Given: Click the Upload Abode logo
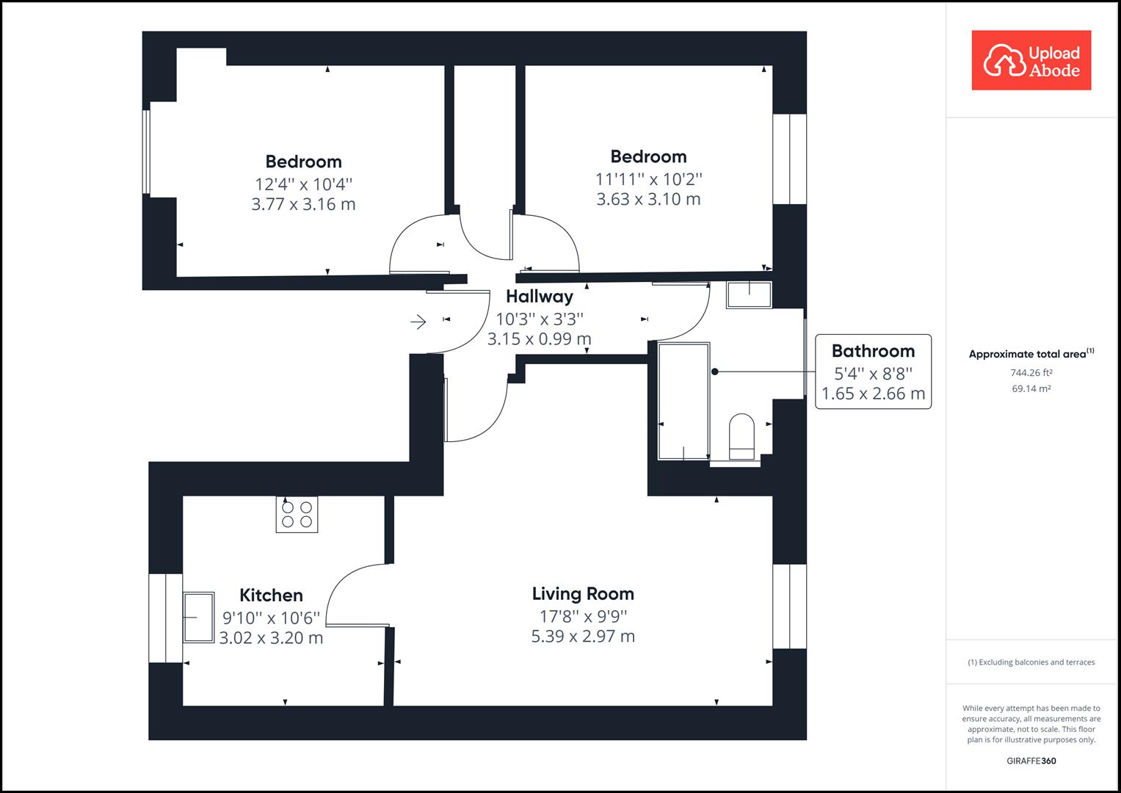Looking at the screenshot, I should [1031, 60].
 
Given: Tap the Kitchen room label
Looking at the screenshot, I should [271, 595].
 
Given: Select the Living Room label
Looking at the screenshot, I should [583, 594].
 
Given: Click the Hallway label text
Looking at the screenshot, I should [540, 297].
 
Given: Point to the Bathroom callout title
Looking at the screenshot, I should [873, 351].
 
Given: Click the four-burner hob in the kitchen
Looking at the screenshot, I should [297, 514].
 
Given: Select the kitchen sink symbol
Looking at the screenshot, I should [198, 617].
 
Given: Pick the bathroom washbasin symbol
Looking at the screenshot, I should [749, 294].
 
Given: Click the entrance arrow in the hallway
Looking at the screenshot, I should [418, 322].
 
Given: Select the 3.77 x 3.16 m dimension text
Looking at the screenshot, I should [303, 204].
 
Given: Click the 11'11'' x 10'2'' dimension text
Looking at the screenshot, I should [648, 178].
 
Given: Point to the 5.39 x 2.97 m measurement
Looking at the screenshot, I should [583, 637].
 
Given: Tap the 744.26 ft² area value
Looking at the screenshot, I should [1031, 372].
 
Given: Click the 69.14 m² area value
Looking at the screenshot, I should [1031, 388].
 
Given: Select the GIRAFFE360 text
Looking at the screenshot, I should [1031, 761].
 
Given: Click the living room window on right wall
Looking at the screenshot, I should [789, 606].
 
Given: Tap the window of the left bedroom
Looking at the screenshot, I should [147, 151].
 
